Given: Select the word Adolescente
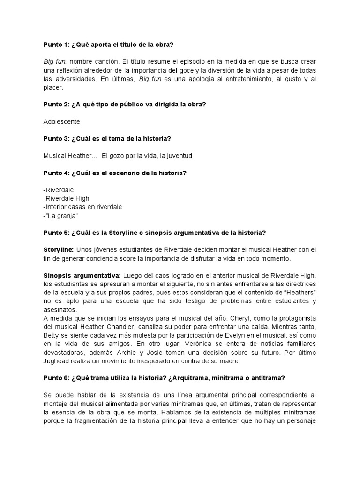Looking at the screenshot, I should pyautogui.click(x=61, y=121).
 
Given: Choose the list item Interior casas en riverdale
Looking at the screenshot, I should pyautogui.click(x=82, y=207).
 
